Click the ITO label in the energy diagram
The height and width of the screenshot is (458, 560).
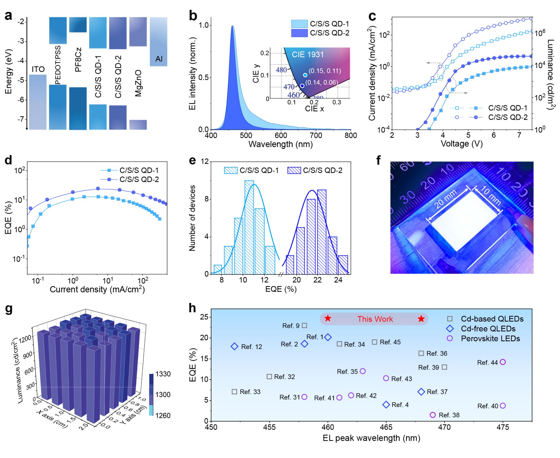tap(38, 69)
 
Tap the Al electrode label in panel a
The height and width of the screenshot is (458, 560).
tap(159, 59)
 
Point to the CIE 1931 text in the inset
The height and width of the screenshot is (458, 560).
tap(308, 55)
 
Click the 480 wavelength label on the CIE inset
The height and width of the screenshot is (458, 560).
tap(281, 70)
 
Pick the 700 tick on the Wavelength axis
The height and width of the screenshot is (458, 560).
tap(316, 135)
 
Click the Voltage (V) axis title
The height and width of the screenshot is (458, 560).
tap(462, 144)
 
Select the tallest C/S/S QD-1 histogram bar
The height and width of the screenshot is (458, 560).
tap(249, 227)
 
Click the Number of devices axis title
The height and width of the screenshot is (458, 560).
tap(192, 218)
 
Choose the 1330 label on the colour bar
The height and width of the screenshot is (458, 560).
tap(163, 374)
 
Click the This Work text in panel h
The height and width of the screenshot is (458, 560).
tap(375, 319)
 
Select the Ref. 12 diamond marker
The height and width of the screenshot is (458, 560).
tap(235, 347)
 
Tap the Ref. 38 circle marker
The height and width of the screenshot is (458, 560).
tap(433, 415)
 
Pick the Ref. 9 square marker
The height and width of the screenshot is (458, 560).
tap(304, 325)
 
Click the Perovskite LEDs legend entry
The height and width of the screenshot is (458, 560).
tap(490, 339)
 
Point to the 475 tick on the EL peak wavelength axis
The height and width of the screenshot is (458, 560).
tap(503, 427)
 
